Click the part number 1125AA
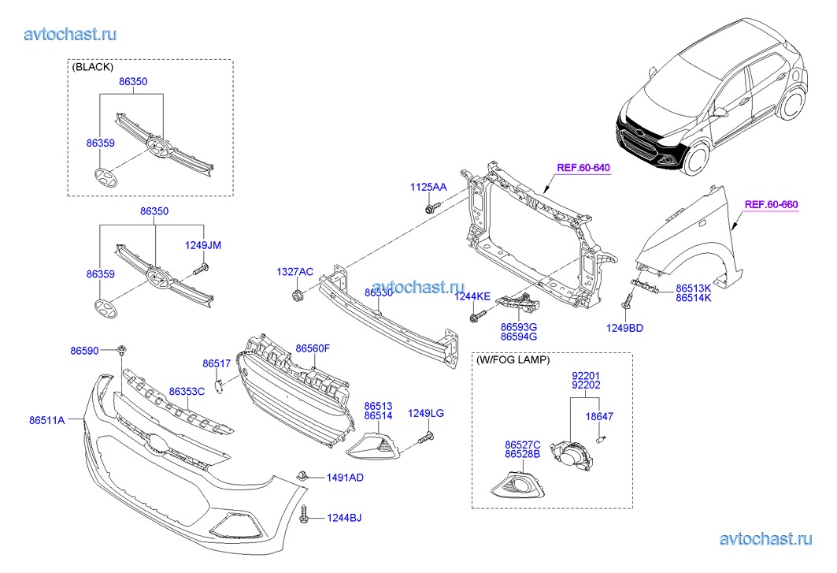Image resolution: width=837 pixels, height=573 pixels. pos(428,188)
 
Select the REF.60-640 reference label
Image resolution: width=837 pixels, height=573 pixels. pos(583,168)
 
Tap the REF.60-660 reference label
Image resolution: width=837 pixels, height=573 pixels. pos(771,205)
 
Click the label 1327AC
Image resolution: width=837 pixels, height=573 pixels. pos(294,272)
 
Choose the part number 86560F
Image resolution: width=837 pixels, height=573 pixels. pos(313,348)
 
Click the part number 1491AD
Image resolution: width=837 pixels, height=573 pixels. pos(345,478)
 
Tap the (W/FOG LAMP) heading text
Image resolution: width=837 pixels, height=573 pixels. pos(513,360)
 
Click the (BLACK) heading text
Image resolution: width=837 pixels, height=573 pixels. pos(92,67)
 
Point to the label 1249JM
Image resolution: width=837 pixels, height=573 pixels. pos(203,245)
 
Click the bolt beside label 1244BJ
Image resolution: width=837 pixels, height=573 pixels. pos(306,516)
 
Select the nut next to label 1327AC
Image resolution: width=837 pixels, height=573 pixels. pos(298,296)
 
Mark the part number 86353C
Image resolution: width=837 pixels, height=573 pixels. pos(187,391)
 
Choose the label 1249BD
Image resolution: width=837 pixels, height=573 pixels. pos(624,328)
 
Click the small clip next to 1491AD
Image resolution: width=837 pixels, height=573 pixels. pos(302,475)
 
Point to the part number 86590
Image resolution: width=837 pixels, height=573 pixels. pos(84,350)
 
